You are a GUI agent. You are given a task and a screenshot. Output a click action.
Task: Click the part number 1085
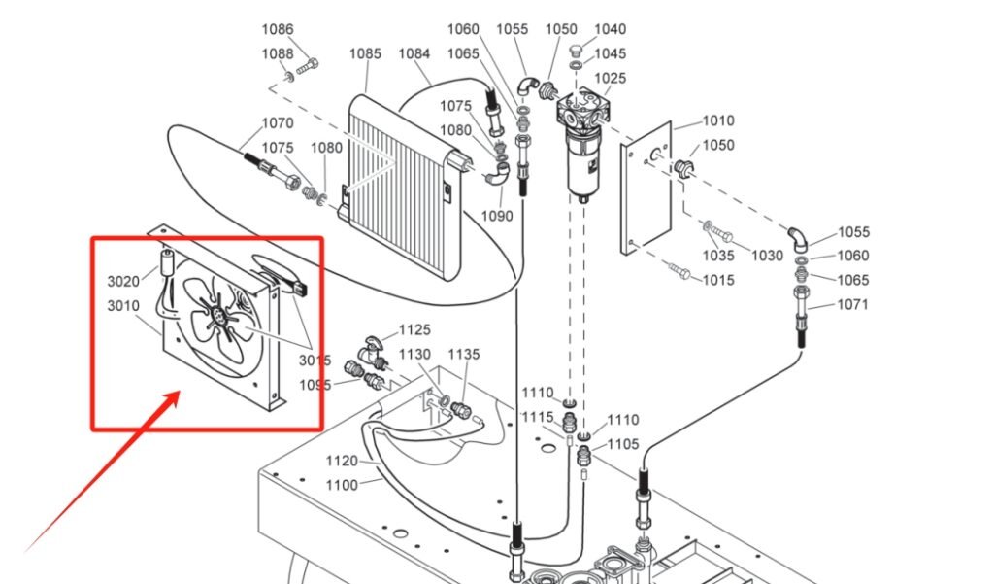(x=365, y=54)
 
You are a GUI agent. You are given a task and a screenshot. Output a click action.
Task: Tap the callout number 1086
(x=277, y=30)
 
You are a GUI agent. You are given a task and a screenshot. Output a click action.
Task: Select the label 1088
(x=277, y=54)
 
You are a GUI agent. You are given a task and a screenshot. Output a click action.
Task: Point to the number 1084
(x=414, y=54)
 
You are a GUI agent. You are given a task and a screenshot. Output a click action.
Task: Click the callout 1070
(x=278, y=123)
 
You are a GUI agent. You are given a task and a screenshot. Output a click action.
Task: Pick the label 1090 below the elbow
(x=497, y=216)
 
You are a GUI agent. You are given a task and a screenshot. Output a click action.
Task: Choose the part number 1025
(x=611, y=78)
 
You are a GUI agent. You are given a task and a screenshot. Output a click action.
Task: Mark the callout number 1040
(x=611, y=30)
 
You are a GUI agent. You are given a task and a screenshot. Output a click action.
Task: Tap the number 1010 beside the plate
(x=718, y=121)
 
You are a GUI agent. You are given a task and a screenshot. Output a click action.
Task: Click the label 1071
(x=826, y=304)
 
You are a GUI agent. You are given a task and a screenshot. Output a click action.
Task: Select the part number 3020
(x=123, y=282)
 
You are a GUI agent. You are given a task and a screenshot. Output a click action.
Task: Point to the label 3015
(x=315, y=361)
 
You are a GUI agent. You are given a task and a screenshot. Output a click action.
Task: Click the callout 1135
(x=464, y=355)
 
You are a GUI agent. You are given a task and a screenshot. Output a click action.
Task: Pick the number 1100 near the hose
(x=341, y=485)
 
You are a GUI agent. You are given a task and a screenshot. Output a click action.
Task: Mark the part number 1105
(x=623, y=444)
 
